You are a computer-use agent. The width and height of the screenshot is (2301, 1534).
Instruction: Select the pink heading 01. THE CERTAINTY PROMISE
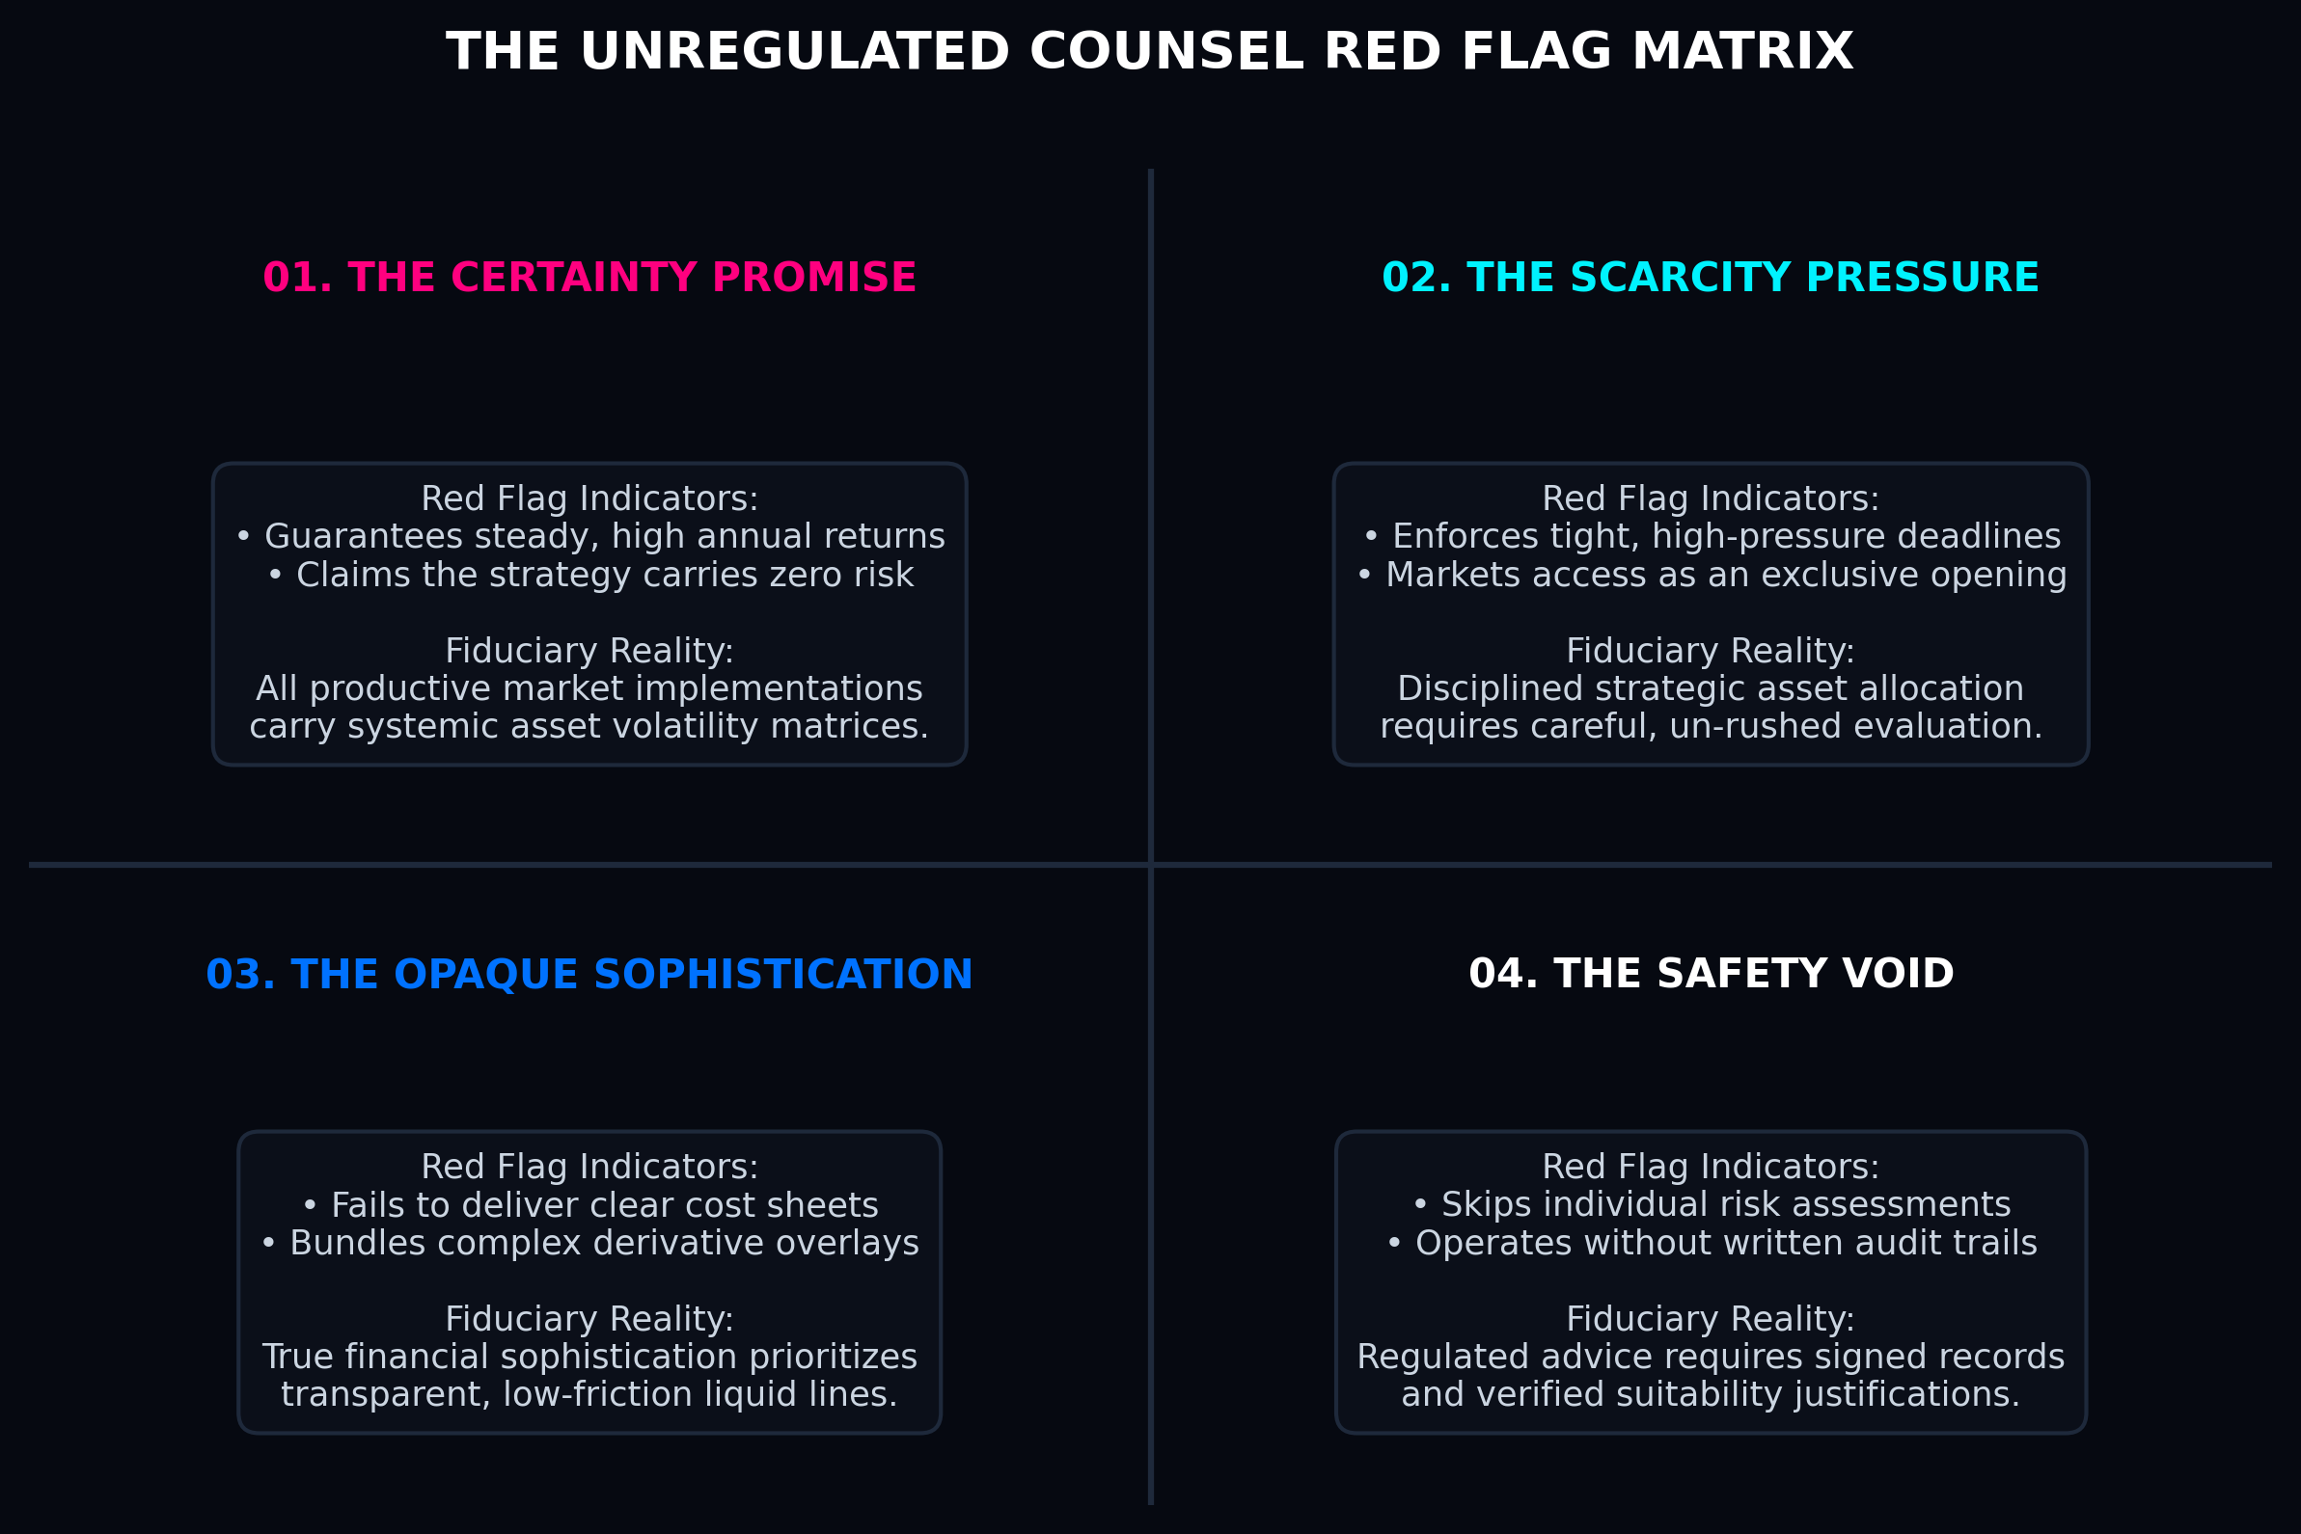[589, 278]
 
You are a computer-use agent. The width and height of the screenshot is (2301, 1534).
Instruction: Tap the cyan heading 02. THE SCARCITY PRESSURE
[1710, 278]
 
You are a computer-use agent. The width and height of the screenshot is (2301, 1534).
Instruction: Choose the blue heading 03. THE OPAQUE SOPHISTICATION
[589, 976]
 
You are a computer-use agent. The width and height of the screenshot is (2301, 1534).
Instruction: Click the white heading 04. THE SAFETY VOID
[1711, 975]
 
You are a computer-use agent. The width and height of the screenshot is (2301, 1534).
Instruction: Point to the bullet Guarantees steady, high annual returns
[590, 536]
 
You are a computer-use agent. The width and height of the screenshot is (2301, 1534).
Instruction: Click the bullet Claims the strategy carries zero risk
[590, 575]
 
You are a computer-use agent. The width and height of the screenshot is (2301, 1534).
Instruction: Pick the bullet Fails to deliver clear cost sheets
[590, 1205]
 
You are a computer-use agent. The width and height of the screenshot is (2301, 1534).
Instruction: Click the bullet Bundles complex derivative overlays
[590, 1243]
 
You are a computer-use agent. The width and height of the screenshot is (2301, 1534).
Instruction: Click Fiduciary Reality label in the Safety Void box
[1711, 1319]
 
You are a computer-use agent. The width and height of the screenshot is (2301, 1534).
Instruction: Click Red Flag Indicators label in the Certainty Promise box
[589, 498]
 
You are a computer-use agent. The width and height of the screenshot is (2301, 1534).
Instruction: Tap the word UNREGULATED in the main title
[795, 52]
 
